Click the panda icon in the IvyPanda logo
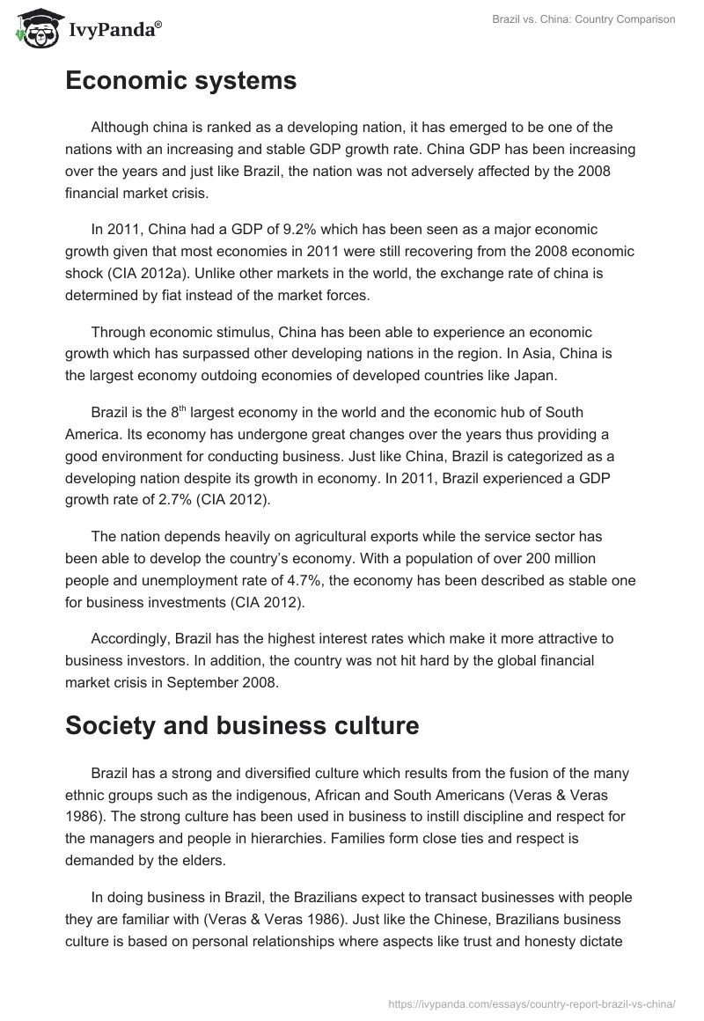point(33,30)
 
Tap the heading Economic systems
point(180,81)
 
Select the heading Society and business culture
point(241,726)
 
